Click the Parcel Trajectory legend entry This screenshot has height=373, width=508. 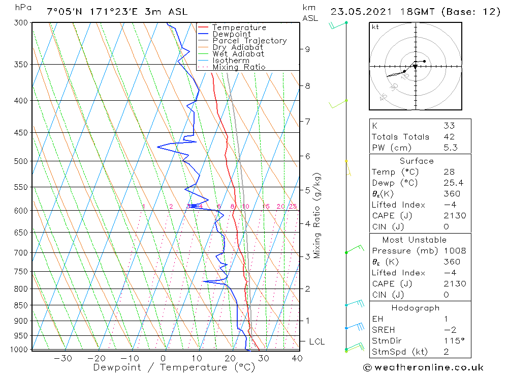[x=249, y=41]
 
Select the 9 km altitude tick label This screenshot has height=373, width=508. [x=307, y=49]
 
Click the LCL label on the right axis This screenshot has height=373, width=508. [x=316, y=341]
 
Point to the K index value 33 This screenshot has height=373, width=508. [x=449, y=126]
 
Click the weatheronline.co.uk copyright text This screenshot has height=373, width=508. [x=423, y=367]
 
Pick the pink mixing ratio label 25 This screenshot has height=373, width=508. [x=293, y=206]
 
